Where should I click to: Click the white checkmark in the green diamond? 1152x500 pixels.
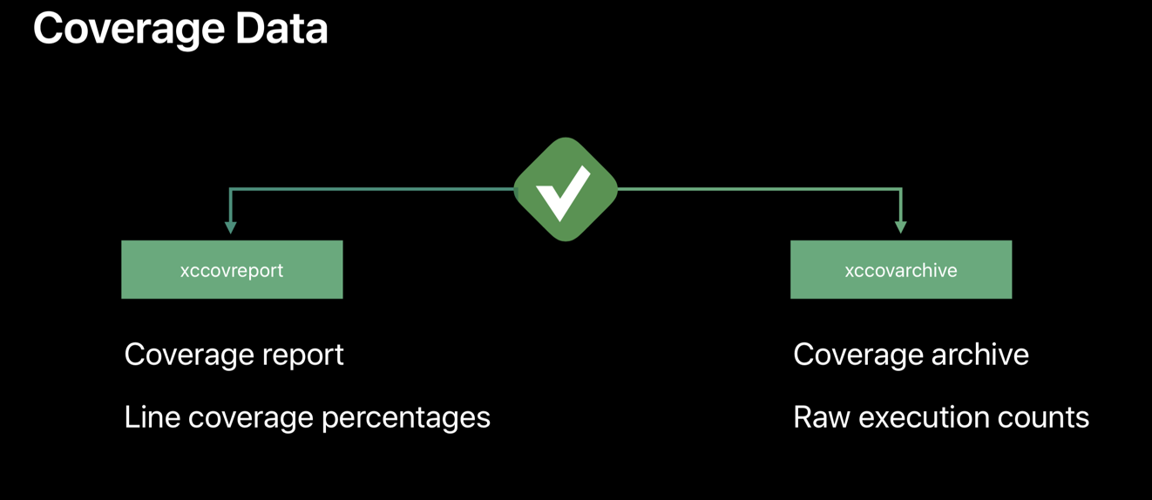563,191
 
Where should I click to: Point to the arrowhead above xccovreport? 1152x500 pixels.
230,226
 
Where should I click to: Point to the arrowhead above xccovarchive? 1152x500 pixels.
901,226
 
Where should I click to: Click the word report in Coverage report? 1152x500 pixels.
305,355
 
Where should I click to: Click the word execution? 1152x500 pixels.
920,417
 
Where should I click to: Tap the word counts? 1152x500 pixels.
1040,418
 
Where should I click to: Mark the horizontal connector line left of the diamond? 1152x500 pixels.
375,189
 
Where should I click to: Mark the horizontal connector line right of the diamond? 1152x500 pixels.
758,189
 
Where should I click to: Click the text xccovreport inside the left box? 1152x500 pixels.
232,270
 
